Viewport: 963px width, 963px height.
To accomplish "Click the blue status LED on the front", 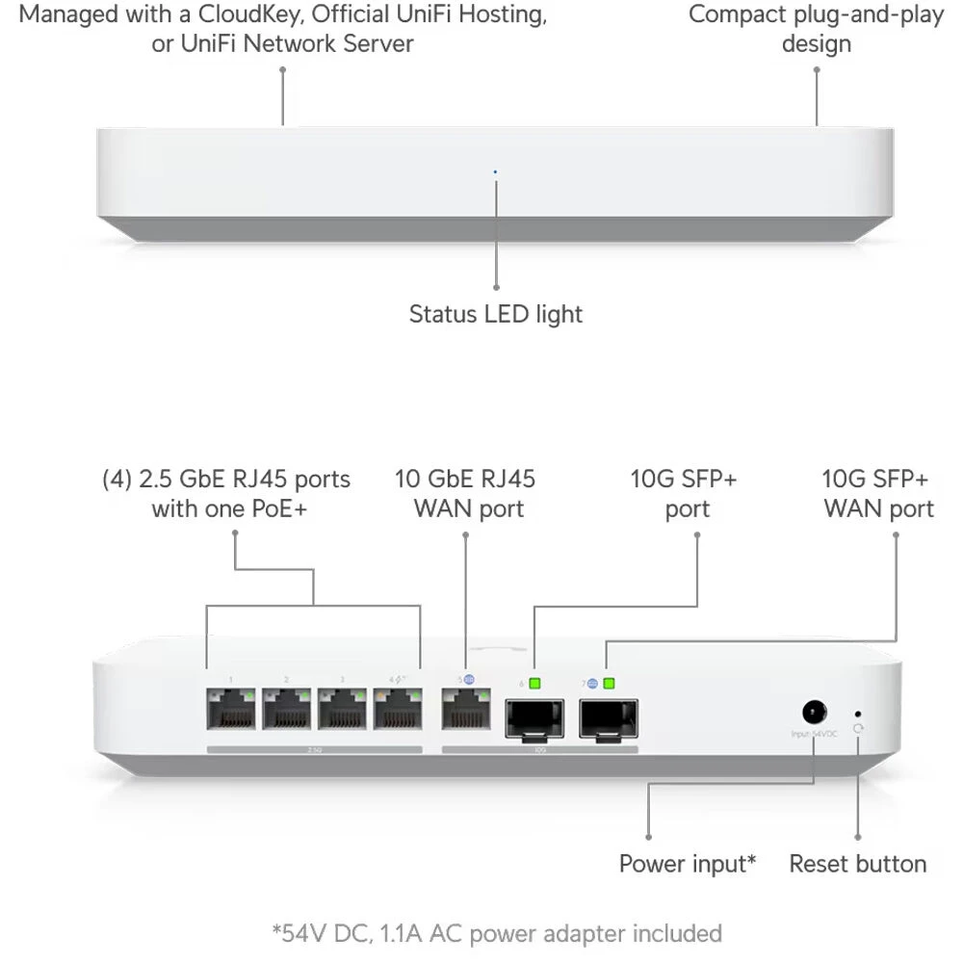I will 495,172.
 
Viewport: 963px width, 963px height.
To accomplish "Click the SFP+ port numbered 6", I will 534,717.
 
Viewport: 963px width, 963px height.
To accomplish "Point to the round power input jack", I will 815,712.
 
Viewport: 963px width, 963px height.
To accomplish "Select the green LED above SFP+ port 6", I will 535,684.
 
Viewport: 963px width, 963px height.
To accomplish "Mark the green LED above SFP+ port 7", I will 608,684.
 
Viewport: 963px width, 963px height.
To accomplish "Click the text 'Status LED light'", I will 495,314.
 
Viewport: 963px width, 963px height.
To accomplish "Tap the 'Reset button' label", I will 857,864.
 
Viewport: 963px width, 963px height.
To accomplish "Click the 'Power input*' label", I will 688,864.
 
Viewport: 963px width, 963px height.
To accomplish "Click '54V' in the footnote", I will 301,933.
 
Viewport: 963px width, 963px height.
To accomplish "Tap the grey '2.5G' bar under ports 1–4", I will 314,748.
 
